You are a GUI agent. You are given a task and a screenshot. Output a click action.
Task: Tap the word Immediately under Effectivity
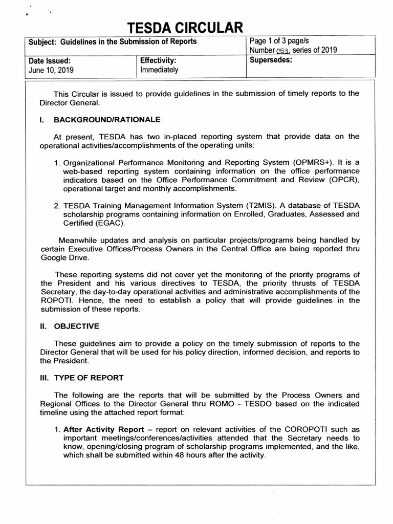point(159,70)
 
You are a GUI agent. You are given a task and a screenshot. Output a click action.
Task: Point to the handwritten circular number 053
point(283,50)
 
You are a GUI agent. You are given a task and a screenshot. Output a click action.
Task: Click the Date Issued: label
point(47,60)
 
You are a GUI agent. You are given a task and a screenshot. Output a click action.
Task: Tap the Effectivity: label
point(158,60)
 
